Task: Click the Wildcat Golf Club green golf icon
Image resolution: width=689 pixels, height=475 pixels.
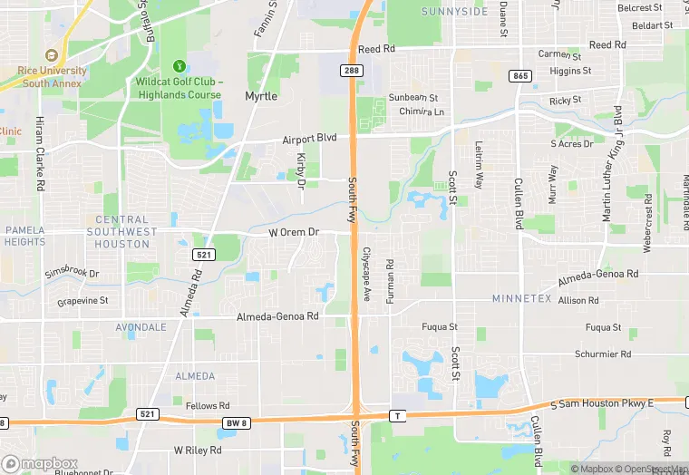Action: [x=180, y=65]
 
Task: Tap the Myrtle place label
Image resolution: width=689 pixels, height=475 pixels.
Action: [x=261, y=95]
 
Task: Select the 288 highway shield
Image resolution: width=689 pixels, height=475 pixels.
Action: [x=352, y=70]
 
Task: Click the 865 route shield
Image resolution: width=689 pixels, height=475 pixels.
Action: [x=519, y=76]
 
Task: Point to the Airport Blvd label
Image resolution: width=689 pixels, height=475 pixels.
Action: [x=309, y=139]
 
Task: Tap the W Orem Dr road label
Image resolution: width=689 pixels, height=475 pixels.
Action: [x=295, y=233]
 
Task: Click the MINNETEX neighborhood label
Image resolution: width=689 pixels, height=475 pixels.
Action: [x=521, y=298]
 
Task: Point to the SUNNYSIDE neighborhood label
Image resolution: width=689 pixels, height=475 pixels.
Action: [x=454, y=12]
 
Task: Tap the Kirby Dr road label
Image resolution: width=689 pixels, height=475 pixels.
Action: [x=301, y=170]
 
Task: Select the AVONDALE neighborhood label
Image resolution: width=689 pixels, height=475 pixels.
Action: [x=141, y=326]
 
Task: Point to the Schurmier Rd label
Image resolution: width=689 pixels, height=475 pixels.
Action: [x=602, y=354]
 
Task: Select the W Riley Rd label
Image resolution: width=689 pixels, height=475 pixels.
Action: [x=198, y=450]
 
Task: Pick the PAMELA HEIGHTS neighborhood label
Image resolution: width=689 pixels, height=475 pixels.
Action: [x=24, y=236]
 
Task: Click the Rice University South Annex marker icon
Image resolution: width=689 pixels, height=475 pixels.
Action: [x=51, y=55]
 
